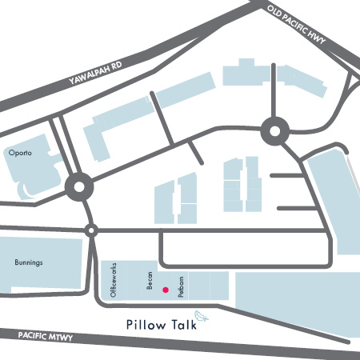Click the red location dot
[x=166, y=290]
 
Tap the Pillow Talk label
[x=161, y=325]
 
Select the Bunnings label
[x=28, y=262]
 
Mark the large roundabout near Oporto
[x=79, y=190]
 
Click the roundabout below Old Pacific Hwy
[x=274, y=130]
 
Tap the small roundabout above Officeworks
[x=91, y=231]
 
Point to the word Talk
[x=182, y=325]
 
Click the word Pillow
[x=145, y=325]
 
